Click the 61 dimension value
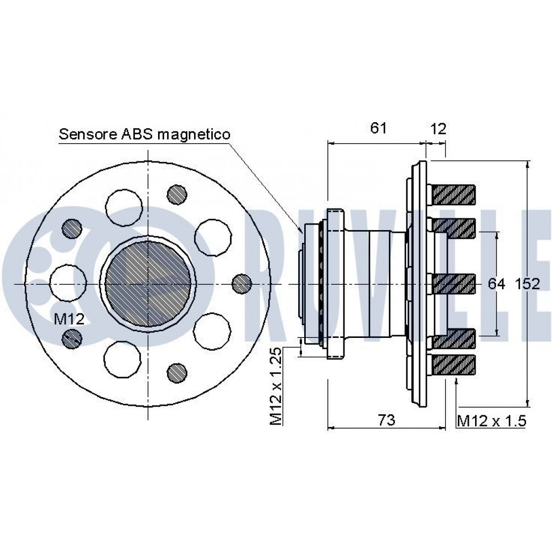[378, 128]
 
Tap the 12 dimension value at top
[437, 128]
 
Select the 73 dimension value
[387, 420]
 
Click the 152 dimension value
[527, 284]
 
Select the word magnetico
[195, 134]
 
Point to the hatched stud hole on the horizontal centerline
[241, 284]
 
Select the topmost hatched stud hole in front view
[176, 193]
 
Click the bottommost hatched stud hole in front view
[176, 372]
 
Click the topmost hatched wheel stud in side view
[453, 194]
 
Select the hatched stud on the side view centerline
[453, 284]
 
